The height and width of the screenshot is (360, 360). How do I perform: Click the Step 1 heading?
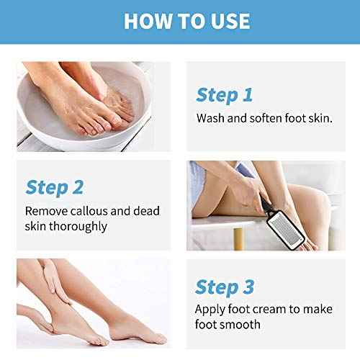click(224, 94)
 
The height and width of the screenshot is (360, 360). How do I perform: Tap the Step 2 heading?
click(54, 187)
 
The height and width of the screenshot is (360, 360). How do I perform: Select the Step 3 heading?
click(225, 287)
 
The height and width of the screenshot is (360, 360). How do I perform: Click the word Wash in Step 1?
click(209, 118)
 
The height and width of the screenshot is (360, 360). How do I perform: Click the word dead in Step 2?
click(145, 211)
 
